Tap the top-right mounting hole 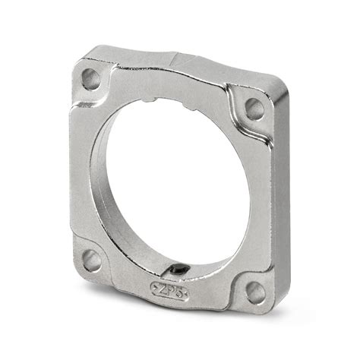coord(253,109)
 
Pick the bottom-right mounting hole coord(256,292)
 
